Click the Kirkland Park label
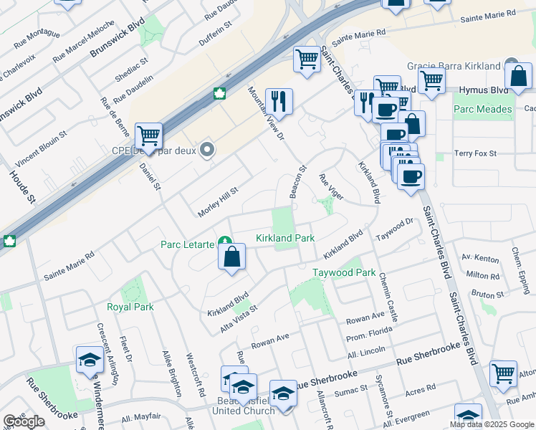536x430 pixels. coord(285,238)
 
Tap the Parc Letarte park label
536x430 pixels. coord(186,244)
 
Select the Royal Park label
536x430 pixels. coord(130,307)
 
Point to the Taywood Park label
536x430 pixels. coord(344,273)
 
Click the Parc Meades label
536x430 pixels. coord(483,110)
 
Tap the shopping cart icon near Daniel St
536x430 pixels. coord(148,135)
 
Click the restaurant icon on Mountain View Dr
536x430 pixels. coord(277,101)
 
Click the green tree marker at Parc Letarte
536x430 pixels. coord(225,244)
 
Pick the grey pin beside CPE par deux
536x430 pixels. coord(208,150)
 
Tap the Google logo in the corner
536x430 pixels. coord(24,421)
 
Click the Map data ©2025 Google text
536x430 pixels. coord(491,424)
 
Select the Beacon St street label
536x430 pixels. coord(297,182)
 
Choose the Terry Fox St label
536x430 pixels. coord(476,153)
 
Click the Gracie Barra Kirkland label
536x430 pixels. coord(453,66)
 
